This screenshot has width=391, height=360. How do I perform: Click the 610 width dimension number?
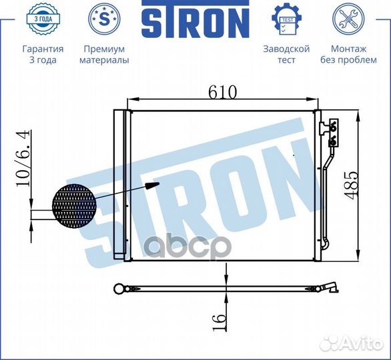tap(222, 93)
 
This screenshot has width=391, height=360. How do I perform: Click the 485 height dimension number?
tap(352, 185)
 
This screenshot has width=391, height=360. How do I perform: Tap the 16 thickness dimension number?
tap(220, 323)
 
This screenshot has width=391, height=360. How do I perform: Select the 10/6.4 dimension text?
tap(23, 159)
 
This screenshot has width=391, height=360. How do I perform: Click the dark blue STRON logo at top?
tap(195, 19)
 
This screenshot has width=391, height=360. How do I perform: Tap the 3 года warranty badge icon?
tap(43, 19)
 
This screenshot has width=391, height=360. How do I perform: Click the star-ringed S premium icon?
tap(104, 19)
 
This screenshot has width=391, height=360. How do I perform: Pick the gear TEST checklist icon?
tap(286, 19)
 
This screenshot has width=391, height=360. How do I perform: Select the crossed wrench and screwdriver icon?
tap(348, 19)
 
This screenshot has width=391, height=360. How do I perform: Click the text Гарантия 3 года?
tap(43, 54)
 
